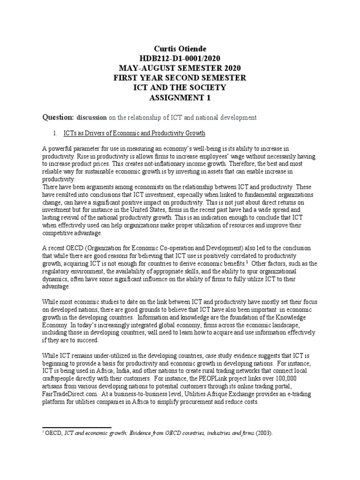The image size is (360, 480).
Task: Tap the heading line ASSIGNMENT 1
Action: tap(180, 97)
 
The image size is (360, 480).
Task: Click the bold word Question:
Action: tap(59, 117)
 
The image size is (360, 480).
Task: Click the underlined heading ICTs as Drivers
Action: tap(135, 134)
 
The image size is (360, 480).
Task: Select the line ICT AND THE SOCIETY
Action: tap(180, 87)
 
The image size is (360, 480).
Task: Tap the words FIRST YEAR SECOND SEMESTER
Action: tap(180, 77)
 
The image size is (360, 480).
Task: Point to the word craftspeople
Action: tap(63, 370)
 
